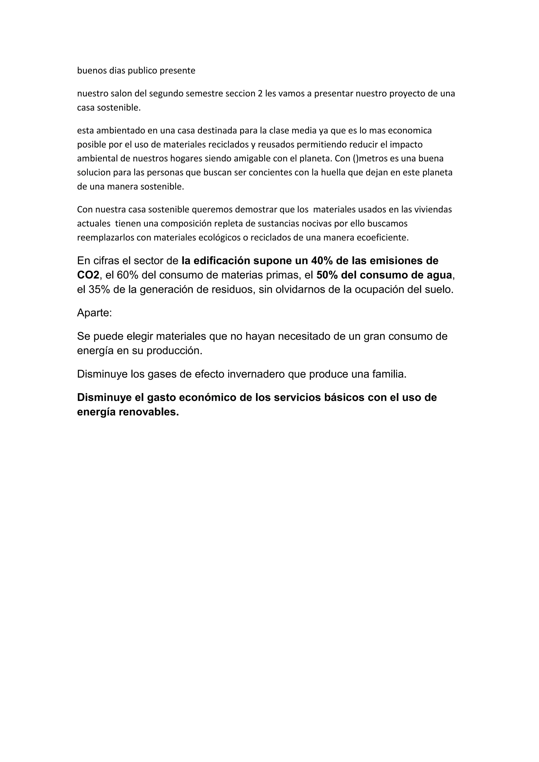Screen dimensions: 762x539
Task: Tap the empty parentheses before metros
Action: coord(356,159)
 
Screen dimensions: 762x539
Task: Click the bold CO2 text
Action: coord(88,275)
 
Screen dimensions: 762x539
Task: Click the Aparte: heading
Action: coord(94,313)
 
